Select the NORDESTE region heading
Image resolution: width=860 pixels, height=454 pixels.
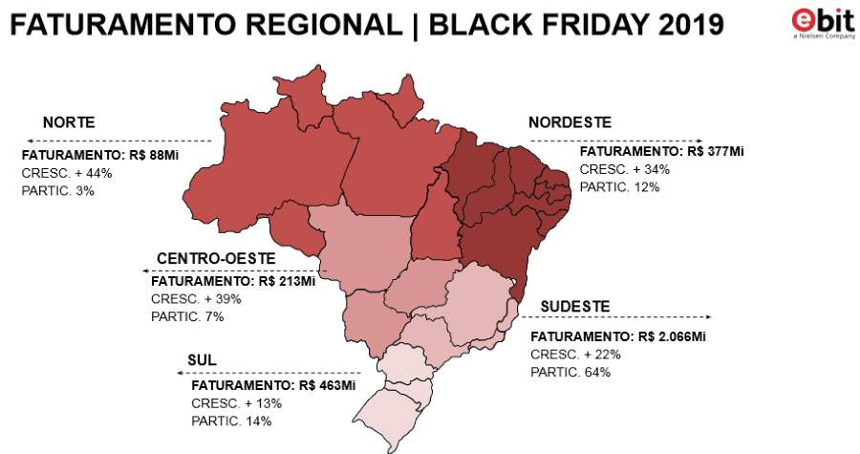pyautogui.click(x=570, y=122)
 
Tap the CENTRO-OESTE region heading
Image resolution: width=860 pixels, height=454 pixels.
pyautogui.click(x=216, y=260)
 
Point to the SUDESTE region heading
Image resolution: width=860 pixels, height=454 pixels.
pyautogui.click(x=575, y=306)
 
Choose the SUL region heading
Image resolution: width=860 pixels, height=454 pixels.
pyautogui.click(x=203, y=360)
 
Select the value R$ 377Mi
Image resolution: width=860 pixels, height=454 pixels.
pyautogui.click(x=715, y=151)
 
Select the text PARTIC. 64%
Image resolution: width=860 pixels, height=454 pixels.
pyautogui.click(x=570, y=372)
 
